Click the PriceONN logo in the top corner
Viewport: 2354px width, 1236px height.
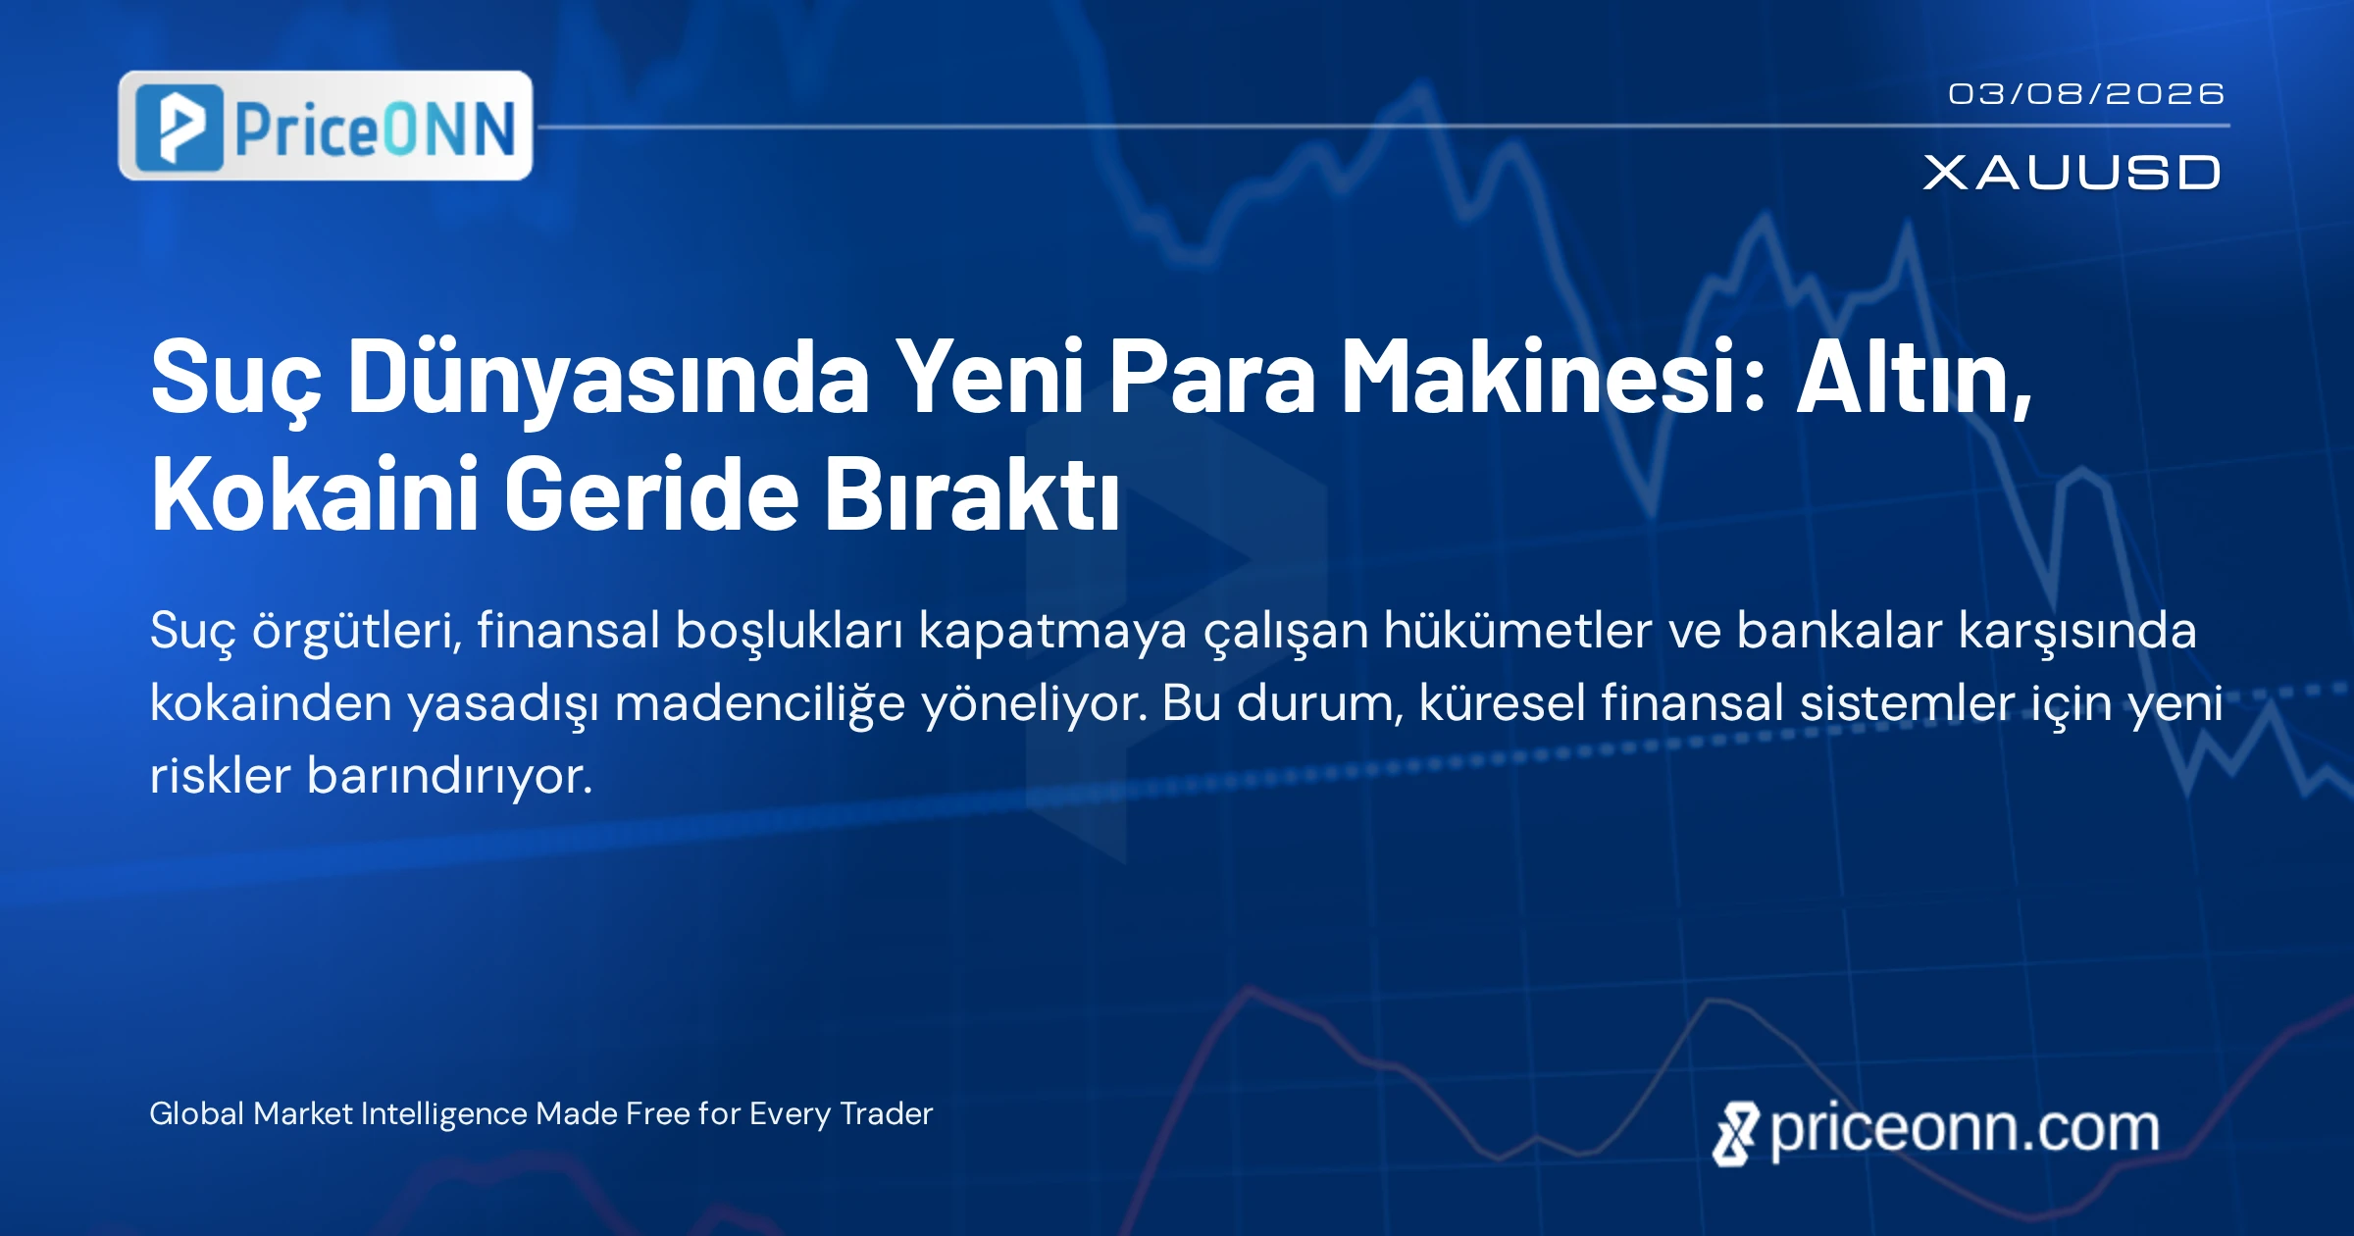pos(326,126)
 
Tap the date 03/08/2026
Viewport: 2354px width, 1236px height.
pos(2086,94)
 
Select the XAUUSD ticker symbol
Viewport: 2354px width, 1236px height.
pos(2072,173)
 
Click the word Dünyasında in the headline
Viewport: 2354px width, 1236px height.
pos(609,378)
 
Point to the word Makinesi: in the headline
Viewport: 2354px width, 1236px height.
pos(1554,376)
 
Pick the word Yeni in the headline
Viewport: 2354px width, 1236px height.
pos(990,376)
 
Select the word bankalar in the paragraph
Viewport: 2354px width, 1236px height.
pos(1839,630)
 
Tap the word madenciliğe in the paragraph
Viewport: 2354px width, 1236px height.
pos(760,704)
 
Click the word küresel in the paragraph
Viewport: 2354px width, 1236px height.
pos(1503,702)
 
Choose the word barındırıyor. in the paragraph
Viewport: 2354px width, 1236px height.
pos(450,777)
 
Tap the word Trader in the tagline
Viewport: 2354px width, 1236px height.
pos(887,1113)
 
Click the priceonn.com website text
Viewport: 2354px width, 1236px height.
pos(1965,1130)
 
